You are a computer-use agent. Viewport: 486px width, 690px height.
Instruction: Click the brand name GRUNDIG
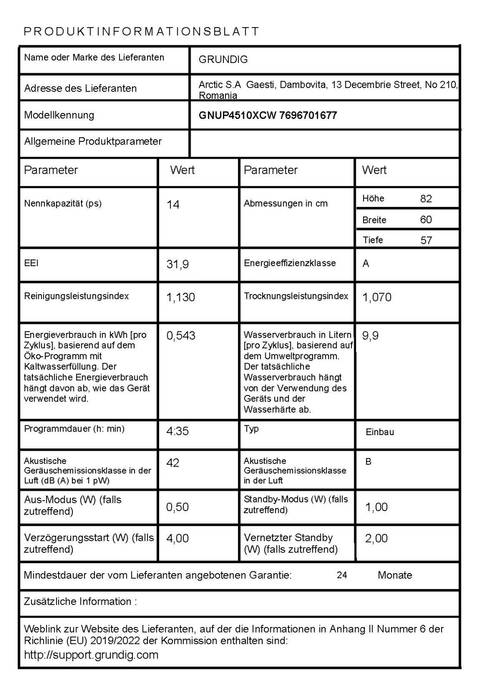tap(223, 60)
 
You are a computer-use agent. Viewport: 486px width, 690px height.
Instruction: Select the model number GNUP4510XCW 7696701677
tap(267, 115)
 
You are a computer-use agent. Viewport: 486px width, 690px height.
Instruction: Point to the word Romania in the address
tap(218, 96)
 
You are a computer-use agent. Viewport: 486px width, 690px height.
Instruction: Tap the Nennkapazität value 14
tap(173, 204)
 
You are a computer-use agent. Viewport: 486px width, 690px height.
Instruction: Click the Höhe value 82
tap(426, 199)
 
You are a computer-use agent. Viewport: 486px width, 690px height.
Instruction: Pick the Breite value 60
tap(426, 220)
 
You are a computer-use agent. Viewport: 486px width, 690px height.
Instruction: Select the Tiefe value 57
tap(426, 240)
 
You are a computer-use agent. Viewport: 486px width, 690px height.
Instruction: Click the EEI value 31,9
tap(178, 264)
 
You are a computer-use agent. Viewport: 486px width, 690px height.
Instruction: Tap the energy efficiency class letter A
tap(366, 263)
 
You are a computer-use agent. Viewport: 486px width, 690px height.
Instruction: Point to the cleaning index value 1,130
tap(181, 297)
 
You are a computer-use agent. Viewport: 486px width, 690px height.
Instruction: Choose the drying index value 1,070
tap(377, 297)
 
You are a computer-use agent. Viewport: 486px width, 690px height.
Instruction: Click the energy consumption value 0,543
tap(181, 336)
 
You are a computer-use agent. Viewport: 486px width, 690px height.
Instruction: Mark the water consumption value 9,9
tap(370, 336)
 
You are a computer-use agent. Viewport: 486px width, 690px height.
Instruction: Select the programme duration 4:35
tap(178, 431)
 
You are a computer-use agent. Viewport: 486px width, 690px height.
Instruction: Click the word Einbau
tap(379, 432)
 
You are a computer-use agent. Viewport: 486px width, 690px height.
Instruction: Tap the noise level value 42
tap(172, 463)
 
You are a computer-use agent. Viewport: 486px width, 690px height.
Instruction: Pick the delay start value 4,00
tap(177, 538)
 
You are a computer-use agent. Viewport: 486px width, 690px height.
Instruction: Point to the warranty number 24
tap(342, 575)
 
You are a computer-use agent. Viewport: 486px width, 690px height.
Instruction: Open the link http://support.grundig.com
tap(91, 655)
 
